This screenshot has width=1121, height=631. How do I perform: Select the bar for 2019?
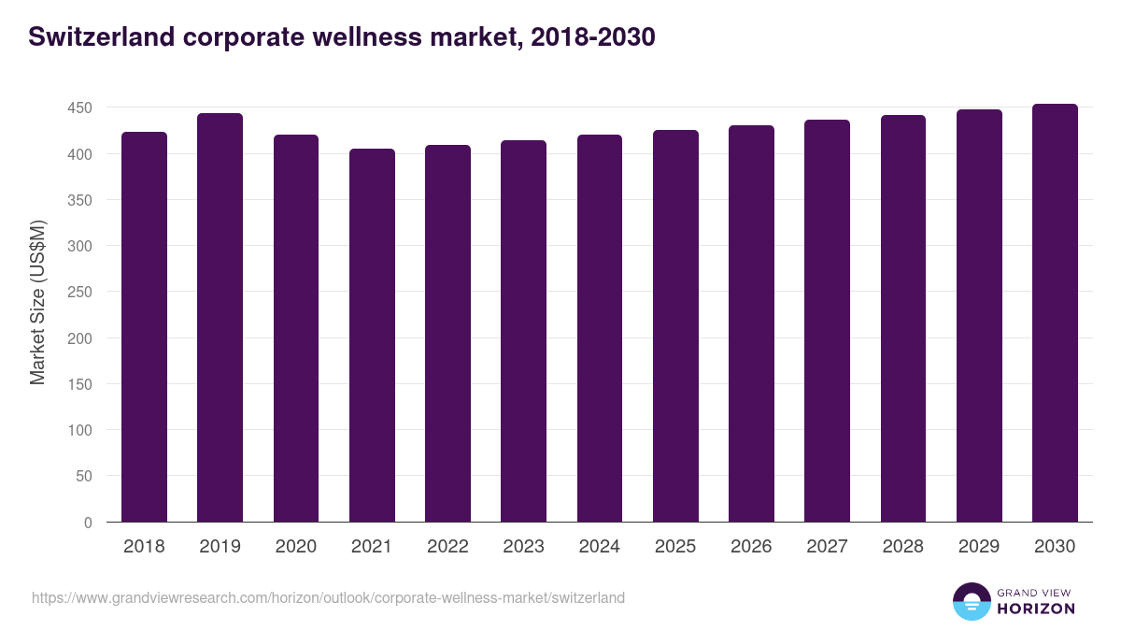point(220,318)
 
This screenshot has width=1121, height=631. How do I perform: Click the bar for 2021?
point(372,335)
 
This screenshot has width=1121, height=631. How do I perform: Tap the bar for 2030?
point(1055,313)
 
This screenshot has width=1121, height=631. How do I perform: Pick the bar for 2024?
point(600,328)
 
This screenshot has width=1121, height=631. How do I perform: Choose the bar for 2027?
point(828,321)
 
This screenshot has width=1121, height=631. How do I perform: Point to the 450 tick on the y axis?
point(79,108)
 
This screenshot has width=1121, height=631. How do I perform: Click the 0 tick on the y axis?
point(88,523)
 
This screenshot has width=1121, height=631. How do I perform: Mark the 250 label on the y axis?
point(79,293)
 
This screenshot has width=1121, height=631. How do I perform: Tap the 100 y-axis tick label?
point(79,430)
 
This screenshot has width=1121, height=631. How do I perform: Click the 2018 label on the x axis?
point(144,547)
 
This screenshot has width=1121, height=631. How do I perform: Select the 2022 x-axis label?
point(447,547)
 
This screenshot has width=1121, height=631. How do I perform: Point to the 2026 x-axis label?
point(751,547)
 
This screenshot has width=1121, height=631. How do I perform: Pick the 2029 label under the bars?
point(979,547)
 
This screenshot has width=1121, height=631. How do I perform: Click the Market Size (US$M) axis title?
point(37,302)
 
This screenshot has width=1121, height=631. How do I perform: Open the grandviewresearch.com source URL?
point(328,597)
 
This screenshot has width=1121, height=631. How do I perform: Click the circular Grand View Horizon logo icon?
point(971,601)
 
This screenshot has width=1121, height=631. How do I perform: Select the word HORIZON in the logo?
point(1036,609)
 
